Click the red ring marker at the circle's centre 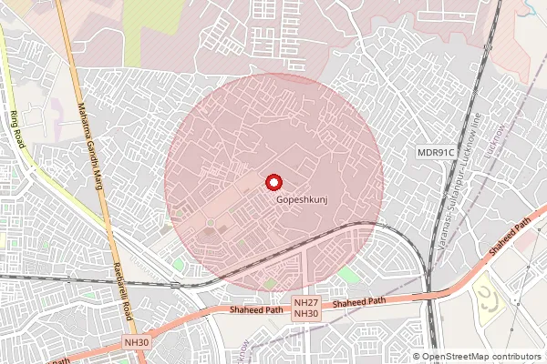point(273,181)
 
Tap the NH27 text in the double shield point(306,302)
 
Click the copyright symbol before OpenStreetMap point(416,357)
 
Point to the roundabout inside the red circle point(211,223)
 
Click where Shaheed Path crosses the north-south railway point(429,293)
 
